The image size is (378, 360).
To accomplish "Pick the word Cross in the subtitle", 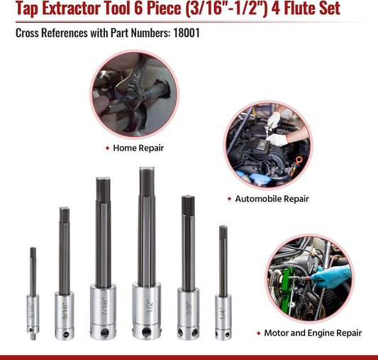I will [28, 32].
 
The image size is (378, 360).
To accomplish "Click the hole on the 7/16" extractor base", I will [104, 331].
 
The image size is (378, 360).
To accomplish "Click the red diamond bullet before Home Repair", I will [107, 148].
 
